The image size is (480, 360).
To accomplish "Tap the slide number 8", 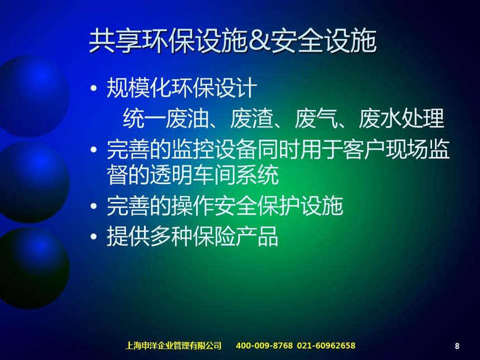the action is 457,346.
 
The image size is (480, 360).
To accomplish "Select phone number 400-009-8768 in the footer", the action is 264,345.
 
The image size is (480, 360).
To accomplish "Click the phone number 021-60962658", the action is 326,345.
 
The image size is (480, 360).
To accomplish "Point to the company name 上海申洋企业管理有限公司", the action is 173,345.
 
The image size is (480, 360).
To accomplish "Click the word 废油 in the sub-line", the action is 187,118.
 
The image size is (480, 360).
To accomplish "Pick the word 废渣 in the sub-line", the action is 251,118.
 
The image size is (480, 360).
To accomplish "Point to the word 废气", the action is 315,118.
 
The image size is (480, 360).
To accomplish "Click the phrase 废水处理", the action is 401,118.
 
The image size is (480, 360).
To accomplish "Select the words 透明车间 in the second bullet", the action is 193,175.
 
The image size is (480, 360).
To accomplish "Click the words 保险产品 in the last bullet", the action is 236,236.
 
